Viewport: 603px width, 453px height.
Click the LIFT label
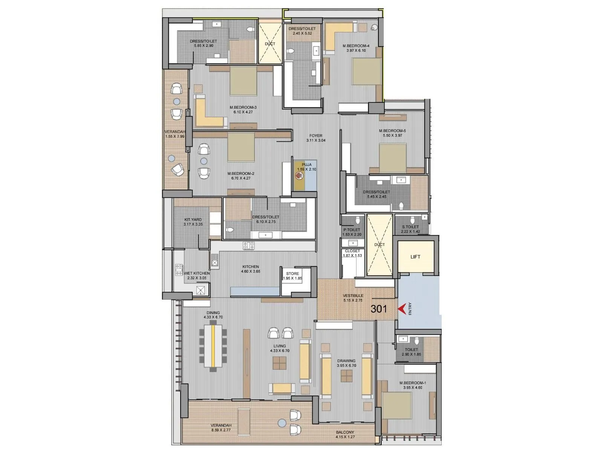point(415,257)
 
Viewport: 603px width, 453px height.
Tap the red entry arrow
point(403,309)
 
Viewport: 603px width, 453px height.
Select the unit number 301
point(379,309)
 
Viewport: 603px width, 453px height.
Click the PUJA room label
point(306,165)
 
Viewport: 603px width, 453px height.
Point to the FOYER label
point(316,136)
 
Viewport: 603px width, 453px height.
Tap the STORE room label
point(292,274)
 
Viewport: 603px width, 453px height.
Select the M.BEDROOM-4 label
point(356,46)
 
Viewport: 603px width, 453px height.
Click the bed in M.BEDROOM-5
point(393,158)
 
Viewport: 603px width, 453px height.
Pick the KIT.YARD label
point(193,219)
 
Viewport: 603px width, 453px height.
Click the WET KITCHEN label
point(197,273)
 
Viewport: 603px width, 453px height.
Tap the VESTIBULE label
point(353,296)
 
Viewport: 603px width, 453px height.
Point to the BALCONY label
point(345,432)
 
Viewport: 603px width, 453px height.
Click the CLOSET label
point(352,251)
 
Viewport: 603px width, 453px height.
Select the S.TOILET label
point(410,227)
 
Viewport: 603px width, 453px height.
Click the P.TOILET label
point(352,230)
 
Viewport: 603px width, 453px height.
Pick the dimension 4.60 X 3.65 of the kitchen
point(251,271)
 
